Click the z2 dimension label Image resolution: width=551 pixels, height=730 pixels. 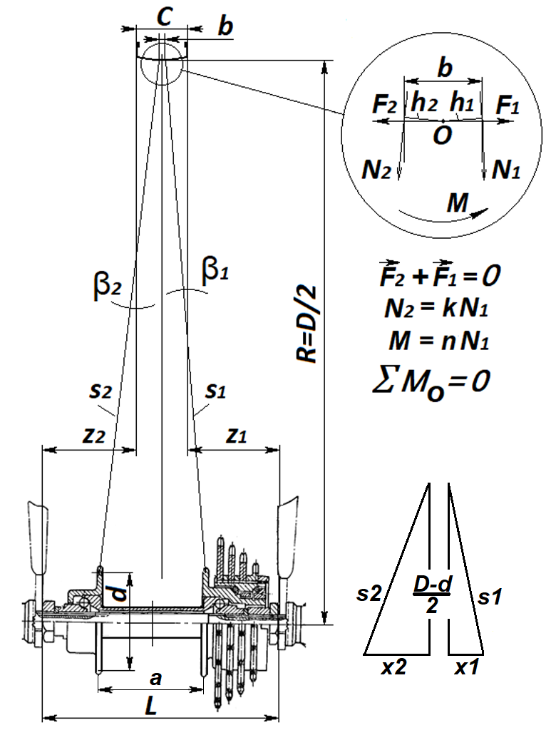91,436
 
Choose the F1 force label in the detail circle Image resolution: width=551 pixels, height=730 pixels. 507,108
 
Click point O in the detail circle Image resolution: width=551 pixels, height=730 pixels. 442,135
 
